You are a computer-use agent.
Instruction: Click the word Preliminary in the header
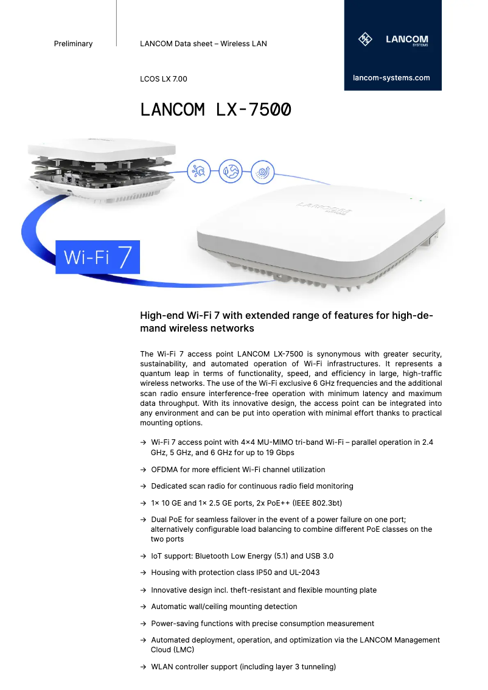[73, 44]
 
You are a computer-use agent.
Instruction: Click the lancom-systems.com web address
[391, 78]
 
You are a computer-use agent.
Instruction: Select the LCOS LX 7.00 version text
[164, 79]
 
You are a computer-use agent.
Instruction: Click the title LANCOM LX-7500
[215, 110]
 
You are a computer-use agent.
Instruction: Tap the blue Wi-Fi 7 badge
[98, 257]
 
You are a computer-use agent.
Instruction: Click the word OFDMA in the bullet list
[165, 470]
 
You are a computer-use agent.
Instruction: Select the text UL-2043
[303, 573]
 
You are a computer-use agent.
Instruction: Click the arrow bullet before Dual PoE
[143, 520]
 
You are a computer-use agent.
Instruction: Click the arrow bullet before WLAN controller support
[143, 667]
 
